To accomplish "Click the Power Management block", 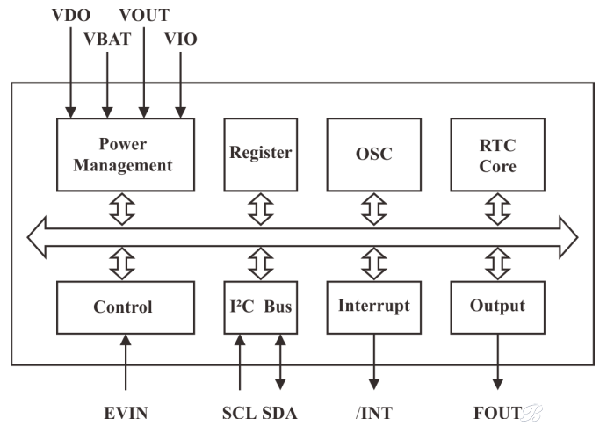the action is (x=126, y=155).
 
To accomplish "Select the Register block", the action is (x=261, y=155).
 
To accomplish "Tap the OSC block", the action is (x=374, y=155).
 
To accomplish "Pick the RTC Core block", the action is (x=498, y=155).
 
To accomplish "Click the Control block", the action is (x=126, y=307).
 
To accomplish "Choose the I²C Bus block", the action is (x=261, y=307).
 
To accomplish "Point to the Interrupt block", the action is (x=374, y=307).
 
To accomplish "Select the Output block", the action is (x=498, y=307).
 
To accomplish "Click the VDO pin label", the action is (x=71, y=16).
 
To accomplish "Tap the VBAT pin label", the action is (x=108, y=39).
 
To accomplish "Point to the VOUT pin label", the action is (x=144, y=16).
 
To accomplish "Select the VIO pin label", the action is (x=181, y=39).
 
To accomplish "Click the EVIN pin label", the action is (x=126, y=414).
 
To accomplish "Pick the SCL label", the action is (x=239, y=414).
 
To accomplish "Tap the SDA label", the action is (x=279, y=414).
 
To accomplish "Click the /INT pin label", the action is (x=374, y=414).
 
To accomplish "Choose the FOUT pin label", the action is (x=498, y=414).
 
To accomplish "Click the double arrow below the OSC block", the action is (x=374, y=209).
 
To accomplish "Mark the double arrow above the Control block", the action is (x=122, y=263).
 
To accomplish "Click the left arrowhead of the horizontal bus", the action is (x=37, y=237).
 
